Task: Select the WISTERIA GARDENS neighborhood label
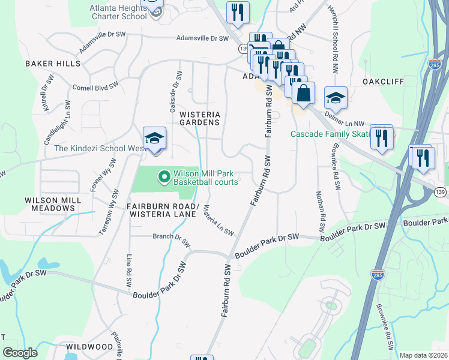point(200,118)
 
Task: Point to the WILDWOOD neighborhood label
point(89,347)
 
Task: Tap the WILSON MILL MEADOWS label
point(50,204)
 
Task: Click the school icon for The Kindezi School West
point(154,139)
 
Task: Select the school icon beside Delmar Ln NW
point(336,98)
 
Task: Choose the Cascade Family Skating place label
point(329,134)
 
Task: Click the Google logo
point(20,353)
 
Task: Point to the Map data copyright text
point(423,355)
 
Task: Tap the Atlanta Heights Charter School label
point(118,12)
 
